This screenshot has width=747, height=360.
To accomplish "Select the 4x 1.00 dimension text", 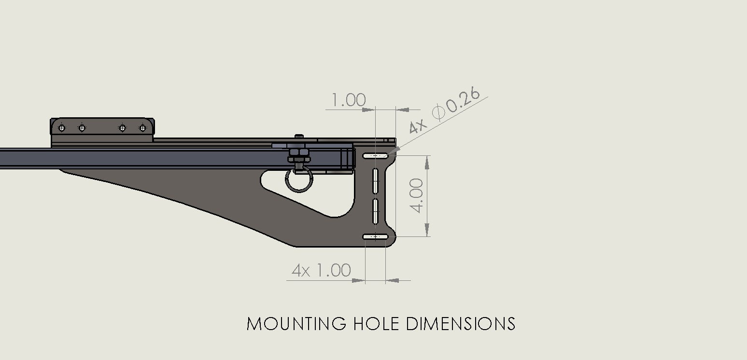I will [x=321, y=270].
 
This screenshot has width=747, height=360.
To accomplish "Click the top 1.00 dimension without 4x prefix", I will [x=348, y=100].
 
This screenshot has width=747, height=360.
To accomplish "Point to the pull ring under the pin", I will [x=299, y=180].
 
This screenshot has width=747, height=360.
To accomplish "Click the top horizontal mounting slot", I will [x=375, y=155].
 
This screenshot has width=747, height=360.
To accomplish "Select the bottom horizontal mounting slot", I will [x=375, y=236].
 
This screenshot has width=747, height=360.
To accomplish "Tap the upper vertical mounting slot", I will [x=375, y=180].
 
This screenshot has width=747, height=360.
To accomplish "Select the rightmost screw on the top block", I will [x=142, y=128].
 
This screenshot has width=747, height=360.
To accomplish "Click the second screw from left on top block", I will [x=82, y=128].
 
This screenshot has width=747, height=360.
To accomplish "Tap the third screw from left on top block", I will [x=122, y=128].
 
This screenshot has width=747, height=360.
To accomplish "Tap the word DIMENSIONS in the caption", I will [x=461, y=323].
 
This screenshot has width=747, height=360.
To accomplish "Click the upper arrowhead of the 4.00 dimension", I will [x=427, y=163].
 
